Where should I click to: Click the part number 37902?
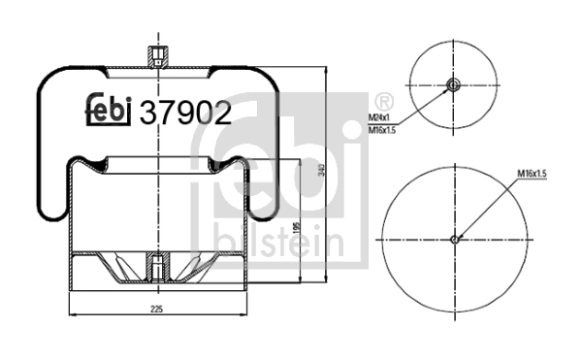click(186, 115)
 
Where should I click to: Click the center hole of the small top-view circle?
click(453, 86)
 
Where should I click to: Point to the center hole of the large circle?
click(455, 239)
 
